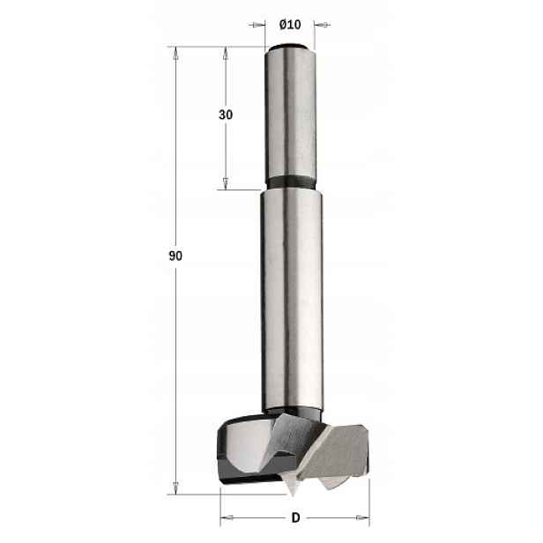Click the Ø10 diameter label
pyautogui.click(x=290, y=25)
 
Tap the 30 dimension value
pyautogui.click(x=226, y=115)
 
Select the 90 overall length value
pyautogui.click(x=175, y=256)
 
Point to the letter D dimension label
pyautogui.click(x=296, y=517)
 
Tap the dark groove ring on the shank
pyautogui.click(x=291, y=182)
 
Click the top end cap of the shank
pyautogui.click(x=290, y=47)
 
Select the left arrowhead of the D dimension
pyautogui.click(x=227, y=517)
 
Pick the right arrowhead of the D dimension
pyautogui.click(x=363, y=517)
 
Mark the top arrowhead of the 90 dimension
pyautogui.click(x=175, y=53)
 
